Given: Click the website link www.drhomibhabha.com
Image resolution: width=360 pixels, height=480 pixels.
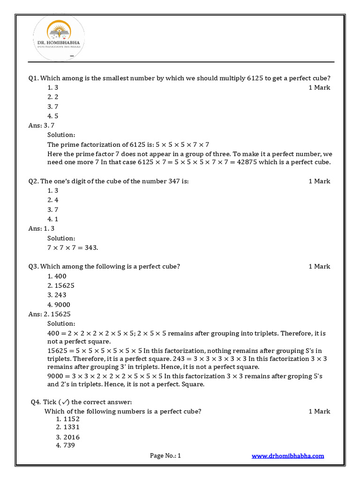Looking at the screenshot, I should coord(288,456).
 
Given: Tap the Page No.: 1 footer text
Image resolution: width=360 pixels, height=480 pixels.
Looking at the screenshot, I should coord(165,456).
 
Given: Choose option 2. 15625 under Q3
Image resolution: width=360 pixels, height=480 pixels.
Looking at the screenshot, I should coord(61,285).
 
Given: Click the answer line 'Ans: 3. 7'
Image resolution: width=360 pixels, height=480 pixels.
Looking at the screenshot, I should coord(42,125).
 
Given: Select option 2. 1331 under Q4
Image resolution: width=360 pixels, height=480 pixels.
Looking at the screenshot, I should coord(67,427).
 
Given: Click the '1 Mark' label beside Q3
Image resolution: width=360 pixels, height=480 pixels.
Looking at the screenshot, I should coord(319,266).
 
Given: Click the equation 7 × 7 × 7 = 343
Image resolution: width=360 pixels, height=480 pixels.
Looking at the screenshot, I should coord(73,247).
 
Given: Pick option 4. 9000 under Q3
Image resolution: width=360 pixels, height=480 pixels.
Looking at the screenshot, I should coord(59,305).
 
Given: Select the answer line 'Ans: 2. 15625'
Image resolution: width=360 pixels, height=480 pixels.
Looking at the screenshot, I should coord(49,314).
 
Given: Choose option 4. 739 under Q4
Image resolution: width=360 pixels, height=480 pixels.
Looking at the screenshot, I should coord(66,445).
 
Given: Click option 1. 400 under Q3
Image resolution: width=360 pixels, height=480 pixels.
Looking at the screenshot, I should coord(57,276).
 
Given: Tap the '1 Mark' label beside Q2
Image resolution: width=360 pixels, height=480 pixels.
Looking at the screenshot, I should coord(319,181).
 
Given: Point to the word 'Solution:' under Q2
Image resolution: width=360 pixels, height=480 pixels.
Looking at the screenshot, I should coord(61,238).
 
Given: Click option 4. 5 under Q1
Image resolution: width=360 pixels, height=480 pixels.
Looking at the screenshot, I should coord(52,116).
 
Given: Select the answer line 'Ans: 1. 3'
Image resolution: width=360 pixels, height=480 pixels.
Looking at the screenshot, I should coord(42,229).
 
